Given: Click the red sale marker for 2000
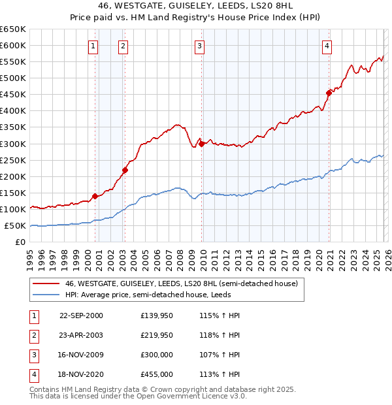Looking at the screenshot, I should (x=95, y=196).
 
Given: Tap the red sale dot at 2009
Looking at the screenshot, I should (x=201, y=144).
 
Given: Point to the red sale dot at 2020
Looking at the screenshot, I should (x=329, y=93).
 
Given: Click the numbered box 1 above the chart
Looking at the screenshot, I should (x=93, y=46).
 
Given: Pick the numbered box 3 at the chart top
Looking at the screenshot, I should (x=199, y=46).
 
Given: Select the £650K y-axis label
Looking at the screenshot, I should (x=13, y=29).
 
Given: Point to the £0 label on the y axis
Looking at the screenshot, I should (x=21, y=242).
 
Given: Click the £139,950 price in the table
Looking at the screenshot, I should (x=157, y=316).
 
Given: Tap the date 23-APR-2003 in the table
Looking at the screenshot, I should (x=81, y=335).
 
